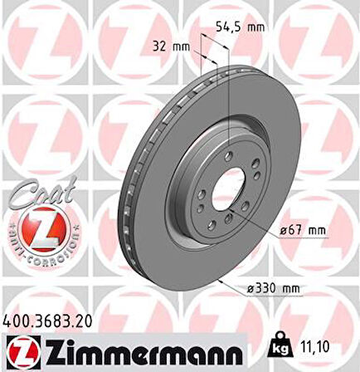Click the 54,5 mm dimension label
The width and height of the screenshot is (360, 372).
pos(238,27)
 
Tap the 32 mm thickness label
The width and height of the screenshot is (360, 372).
pos(169,46)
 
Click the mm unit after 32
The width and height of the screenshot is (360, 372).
pos(182,46)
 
